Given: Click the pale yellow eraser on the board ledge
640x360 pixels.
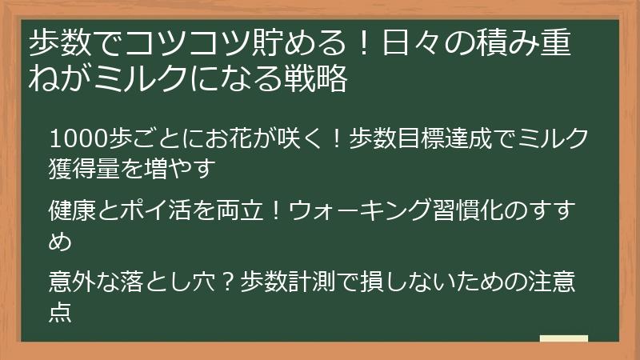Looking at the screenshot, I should click(x=563, y=339).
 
